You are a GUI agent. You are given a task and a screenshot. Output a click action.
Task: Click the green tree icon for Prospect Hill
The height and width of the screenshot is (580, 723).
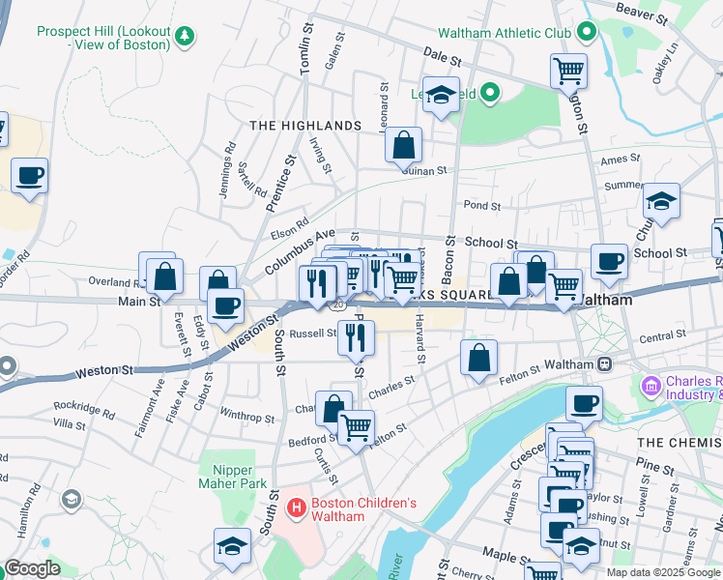click(x=185, y=37)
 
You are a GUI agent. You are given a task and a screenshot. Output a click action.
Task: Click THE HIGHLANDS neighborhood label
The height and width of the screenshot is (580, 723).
click(x=305, y=127)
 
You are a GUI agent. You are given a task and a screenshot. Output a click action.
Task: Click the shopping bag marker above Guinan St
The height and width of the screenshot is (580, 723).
click(x=403, y=145)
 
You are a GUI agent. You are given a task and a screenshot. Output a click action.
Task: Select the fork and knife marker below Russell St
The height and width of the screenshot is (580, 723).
click(x=356, y=336)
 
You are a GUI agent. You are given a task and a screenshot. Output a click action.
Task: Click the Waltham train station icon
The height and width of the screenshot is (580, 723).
click(x=605, y=363)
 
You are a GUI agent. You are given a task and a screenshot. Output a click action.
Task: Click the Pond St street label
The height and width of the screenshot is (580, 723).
click(x=481, y=206)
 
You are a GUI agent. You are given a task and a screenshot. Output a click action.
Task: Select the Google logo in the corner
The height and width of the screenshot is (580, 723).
click(x=32, y=568)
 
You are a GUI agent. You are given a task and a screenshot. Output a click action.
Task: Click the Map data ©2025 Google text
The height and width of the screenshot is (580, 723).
click(x=662, y=572)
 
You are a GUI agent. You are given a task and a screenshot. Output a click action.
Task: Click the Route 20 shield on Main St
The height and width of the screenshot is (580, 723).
click(x=337, y=304)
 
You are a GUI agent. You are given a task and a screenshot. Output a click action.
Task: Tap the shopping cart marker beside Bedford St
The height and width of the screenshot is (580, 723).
click(x=356, y=426)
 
